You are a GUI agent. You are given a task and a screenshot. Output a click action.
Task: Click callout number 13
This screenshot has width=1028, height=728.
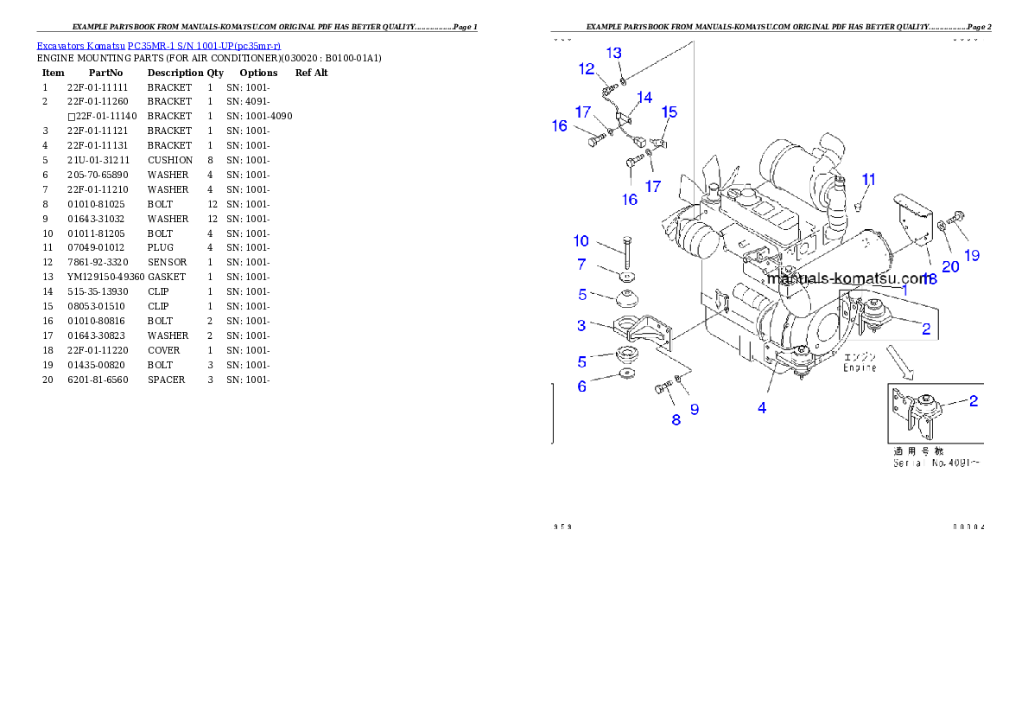point(613,53)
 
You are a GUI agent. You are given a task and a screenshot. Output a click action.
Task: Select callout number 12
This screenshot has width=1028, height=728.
point(587,68)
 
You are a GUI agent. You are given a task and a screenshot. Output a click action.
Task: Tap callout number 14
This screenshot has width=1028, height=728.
point(644,97)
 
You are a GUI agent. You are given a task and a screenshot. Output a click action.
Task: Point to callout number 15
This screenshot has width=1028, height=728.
point(669,112)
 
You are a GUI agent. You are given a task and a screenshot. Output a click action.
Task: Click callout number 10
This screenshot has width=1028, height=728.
point(581,240)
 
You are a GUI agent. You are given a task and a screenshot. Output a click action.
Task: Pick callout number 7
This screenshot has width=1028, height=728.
point(581,264)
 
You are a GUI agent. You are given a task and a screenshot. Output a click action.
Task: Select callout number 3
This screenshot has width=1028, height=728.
point(581,325)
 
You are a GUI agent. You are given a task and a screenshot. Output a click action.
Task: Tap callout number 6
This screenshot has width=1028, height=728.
point(581,386)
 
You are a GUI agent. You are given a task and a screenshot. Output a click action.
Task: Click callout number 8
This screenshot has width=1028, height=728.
point(676,419)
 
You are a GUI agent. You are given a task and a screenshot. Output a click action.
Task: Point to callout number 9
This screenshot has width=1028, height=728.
point(694,409)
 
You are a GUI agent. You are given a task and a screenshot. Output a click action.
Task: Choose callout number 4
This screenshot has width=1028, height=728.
point(762,408)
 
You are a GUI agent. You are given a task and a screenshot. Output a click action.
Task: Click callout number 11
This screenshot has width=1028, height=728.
point(869,179)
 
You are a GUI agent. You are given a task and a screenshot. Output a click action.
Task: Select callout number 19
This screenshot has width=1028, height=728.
point(972,255)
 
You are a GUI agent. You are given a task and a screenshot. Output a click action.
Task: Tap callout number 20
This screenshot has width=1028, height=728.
point(950,267)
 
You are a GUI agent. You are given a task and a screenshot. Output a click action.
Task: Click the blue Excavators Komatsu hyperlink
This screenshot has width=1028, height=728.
point(158,45)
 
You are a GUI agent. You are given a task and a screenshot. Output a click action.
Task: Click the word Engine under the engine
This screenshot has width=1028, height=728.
point(860,368)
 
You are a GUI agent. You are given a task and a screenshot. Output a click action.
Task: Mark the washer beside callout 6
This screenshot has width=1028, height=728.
point(625,375)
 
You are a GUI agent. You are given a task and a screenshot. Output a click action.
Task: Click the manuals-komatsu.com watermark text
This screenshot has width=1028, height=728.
point(847,278)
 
